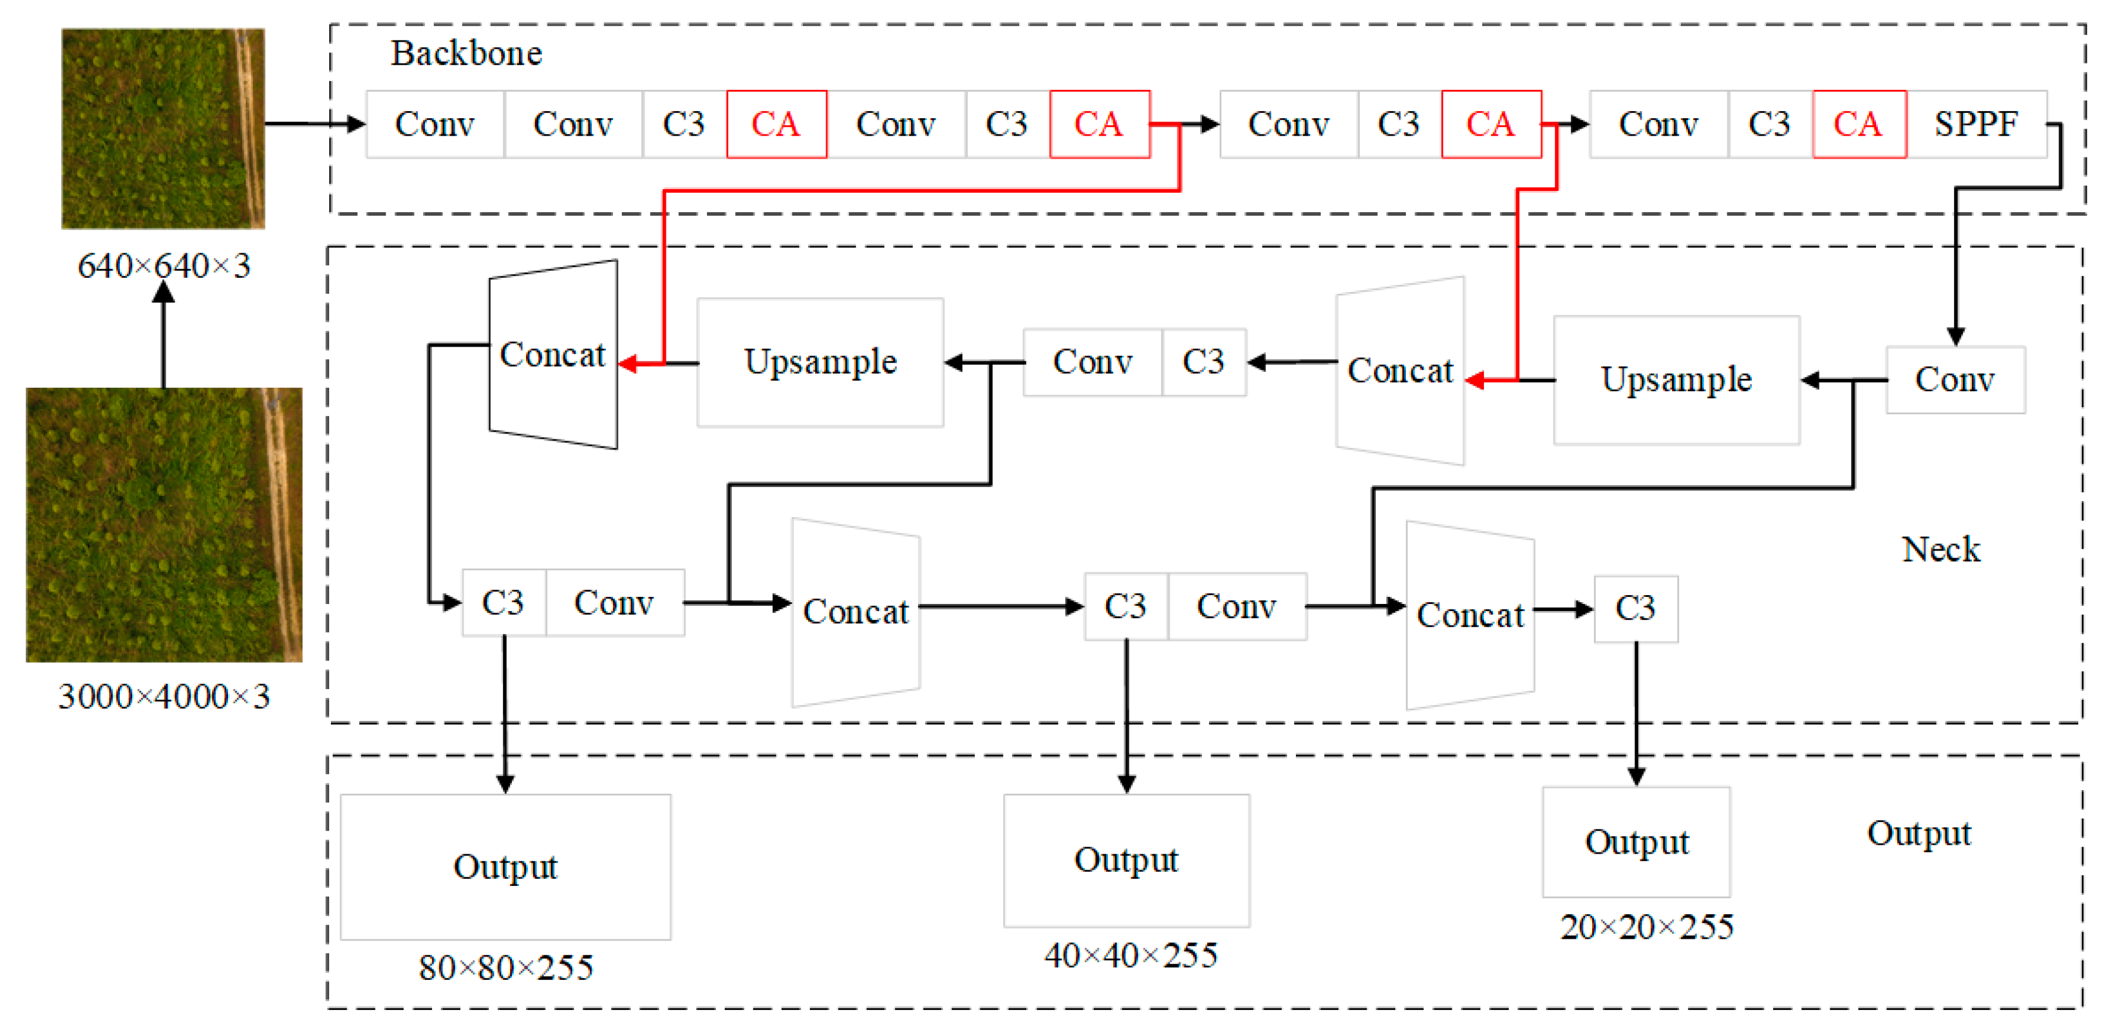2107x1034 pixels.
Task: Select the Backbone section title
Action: click(x=465, y=53)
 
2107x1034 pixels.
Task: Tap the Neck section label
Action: click(x=1940, y=549)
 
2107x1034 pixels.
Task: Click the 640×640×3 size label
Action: click(x=163, y=266)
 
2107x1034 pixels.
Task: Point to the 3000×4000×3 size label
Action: click(x=163, y=696)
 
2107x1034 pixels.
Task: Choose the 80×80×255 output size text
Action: click(x=505, y=968)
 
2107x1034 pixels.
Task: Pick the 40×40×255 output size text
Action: click(x=1130, y=955)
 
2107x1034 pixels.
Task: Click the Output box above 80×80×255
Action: click(x=505, y=867)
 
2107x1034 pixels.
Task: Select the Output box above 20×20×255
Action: click(x=1636, y=842)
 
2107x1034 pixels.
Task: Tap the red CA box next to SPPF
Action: click(x=1858, y=124)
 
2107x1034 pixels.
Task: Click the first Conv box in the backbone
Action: click(x=434, y=124)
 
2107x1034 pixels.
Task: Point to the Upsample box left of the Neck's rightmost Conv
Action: click(x=1676, y=380)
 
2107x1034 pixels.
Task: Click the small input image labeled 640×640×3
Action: click(x=163, y=128)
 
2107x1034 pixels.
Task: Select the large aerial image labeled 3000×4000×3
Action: click(x=163, y=525)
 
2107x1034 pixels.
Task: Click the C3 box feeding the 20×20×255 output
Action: click(x=1635, y=609)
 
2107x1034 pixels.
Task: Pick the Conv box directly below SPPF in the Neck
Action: click(x=1954, y=380)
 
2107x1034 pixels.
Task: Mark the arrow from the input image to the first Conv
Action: click(x=315, y=124)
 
